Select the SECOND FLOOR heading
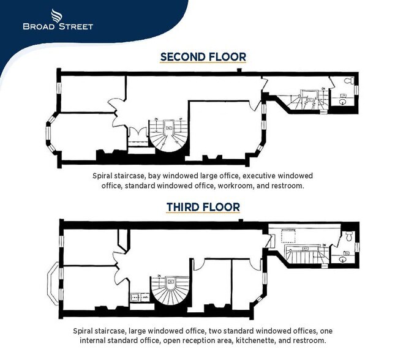point(203,57)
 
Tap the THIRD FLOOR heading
point(203,208)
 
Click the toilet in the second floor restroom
point(347,81)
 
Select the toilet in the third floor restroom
point(348,236)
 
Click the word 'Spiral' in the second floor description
point(105,176)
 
